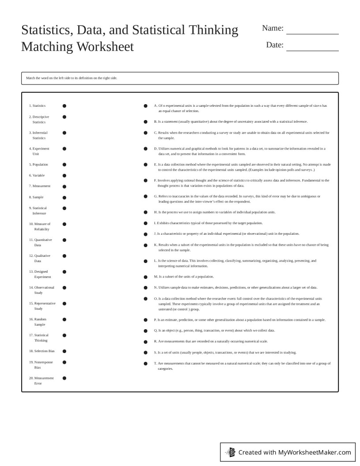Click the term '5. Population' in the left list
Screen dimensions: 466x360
click(x=38, y=165)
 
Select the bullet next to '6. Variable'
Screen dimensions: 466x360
click(x=64, y=176)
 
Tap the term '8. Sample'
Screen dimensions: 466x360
click(x=36, y=197)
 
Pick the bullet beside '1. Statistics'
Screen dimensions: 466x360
click(x=64, y=106)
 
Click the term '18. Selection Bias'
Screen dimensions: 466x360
click(x=41, y=351)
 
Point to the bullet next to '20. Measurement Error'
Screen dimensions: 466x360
click(x=64, y=378)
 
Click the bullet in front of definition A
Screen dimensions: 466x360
click(x=146, y=106)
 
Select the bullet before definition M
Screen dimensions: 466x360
click(x=146, y=277)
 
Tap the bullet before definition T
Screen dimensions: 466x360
click(x=146, y=364)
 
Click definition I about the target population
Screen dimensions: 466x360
click(x=208, y=223)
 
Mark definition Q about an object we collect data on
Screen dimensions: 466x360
click(x=214, y=331)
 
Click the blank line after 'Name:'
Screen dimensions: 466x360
click(x=312, y=31)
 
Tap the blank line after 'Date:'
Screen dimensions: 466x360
click(x=312, y=48)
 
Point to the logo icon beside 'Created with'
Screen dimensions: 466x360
click(x=230, y=452)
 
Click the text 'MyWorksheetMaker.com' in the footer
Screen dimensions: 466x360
click(x=315, y=452)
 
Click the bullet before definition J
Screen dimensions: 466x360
click(x=146, y=234)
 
